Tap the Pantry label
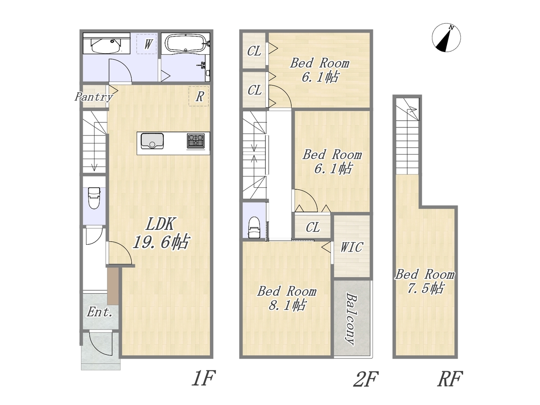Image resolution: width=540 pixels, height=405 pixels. [94, 97]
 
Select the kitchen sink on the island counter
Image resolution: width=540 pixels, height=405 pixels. [152, 141]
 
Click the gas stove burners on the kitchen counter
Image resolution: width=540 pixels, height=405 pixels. [195, 140]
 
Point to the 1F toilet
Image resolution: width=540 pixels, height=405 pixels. [94, 198]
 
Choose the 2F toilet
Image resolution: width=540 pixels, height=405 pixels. [254, 228]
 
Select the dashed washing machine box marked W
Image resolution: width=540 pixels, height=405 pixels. [147, 44]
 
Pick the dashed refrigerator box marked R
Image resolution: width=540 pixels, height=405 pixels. [199, 96]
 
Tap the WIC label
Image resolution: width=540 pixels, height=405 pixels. [351, 247]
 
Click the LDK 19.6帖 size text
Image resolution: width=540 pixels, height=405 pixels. [161, 233]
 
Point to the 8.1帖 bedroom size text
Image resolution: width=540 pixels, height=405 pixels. [287, 305]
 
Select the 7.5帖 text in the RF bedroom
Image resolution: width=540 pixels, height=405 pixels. [425, 288]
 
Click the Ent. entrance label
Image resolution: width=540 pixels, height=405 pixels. [100, 312]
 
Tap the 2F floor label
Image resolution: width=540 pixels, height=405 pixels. [365, 379]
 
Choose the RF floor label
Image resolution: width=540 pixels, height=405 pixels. [450, 379]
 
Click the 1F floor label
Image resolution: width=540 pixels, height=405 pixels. [203, 378]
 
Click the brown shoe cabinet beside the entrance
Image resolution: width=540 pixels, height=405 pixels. [113, 286]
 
